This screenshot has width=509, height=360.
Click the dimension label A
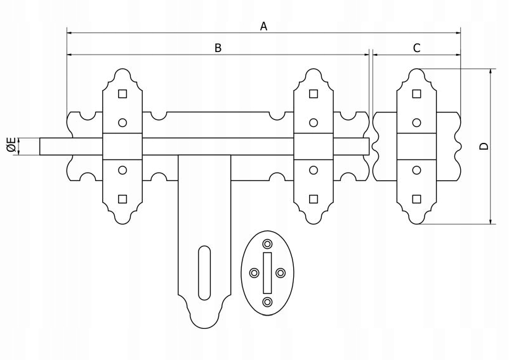(264, 26)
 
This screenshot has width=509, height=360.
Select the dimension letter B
(218, 48)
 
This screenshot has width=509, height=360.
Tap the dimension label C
(416, 48)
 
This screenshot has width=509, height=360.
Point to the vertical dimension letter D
(484, 146)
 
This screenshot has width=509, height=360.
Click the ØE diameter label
(11, 145)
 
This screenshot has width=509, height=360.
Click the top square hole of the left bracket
(122, 95)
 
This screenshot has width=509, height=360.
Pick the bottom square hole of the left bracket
(122, 199)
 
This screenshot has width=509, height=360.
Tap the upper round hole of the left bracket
(122, 122)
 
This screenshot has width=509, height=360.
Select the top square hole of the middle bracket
(312, 95)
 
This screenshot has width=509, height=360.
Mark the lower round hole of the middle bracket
(312, 170)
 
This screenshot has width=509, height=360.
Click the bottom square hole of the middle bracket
(312, 199)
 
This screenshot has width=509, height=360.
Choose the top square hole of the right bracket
(416, 95)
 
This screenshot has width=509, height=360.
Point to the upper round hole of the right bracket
(416, 122)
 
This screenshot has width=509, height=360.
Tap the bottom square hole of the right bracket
(416, 199)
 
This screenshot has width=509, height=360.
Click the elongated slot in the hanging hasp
(203, 272)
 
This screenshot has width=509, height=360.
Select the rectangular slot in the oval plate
(267, 272)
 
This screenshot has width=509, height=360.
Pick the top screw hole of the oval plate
(267, 243)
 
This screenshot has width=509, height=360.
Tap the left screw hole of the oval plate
(254, 273)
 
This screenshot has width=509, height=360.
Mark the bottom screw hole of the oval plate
(267, 302)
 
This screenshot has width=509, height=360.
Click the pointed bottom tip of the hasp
(203, 326)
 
